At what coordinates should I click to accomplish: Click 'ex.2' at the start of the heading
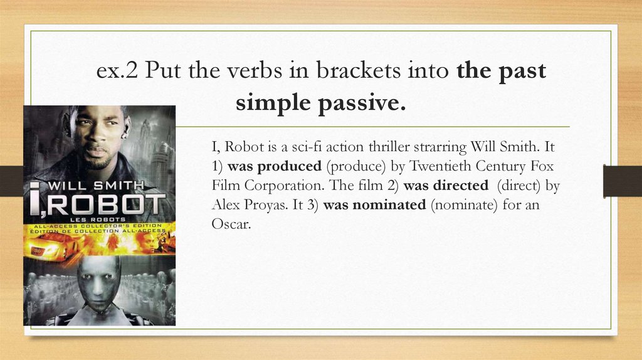[117, 71]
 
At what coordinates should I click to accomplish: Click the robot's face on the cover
[98, 282]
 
